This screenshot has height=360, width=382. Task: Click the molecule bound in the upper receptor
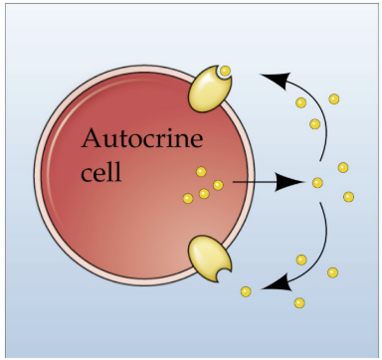tap(226, 71)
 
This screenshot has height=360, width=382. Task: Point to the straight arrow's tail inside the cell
tap(234, 182)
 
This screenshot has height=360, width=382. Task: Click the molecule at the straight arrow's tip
tap(317, 182)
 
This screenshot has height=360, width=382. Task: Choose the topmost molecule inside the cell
tap(201, 171)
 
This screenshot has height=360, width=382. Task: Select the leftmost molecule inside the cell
tap(187, 199)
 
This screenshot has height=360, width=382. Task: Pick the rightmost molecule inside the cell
tap(218, 185)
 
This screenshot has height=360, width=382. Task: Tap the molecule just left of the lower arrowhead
tap(246, 291)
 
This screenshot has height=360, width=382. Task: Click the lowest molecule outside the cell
tap(299, 301)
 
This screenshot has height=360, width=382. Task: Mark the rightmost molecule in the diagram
tap(349, 197)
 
